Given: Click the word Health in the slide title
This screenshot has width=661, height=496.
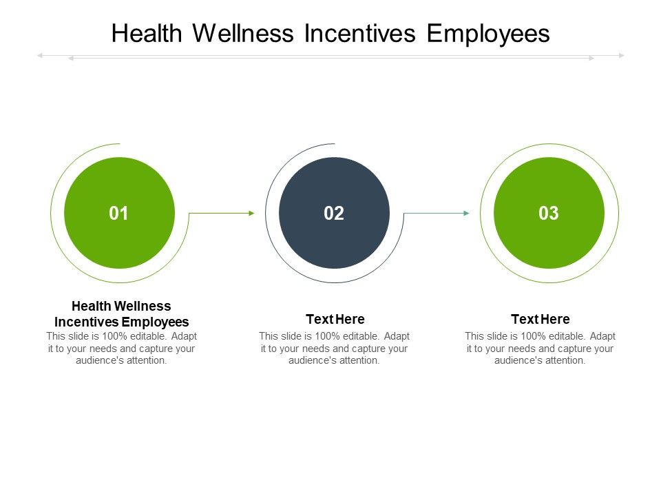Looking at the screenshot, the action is (147, 33).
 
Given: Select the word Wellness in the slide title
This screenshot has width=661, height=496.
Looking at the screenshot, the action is (243, 33).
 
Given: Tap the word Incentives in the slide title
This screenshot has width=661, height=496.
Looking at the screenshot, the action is (360, 33).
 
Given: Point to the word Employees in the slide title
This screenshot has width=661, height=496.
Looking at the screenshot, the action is (488, 34).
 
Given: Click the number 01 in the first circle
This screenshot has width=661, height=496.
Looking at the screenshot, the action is (118, 214).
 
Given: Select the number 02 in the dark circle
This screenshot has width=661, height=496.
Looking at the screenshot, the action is (334, 214).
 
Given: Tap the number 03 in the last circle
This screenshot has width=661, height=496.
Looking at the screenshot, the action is (549, 214).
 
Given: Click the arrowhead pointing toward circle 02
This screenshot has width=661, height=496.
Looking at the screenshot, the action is (252, 214).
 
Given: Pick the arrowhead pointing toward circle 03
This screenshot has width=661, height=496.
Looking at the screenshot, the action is (466, 214).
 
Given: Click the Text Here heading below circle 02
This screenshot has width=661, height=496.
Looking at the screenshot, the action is (335, 319).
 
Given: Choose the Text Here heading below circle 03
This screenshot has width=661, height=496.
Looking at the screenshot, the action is (541, 319).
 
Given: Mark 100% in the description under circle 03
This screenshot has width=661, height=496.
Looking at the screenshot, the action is (534, 336).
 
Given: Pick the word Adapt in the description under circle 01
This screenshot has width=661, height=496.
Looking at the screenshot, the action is (185, 337).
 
